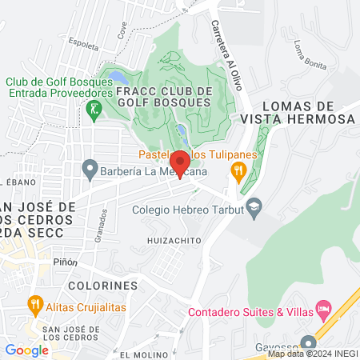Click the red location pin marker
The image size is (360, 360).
[179, 162]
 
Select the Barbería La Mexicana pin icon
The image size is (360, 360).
[90, 170]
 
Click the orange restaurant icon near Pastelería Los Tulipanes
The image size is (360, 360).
[238, 170]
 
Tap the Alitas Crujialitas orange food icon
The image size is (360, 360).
[34, 303]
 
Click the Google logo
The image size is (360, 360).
[26, 350]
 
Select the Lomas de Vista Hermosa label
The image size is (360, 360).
[308, 112]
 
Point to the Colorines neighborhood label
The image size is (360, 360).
[103, 286]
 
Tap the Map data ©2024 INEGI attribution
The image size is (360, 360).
[312, 354]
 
